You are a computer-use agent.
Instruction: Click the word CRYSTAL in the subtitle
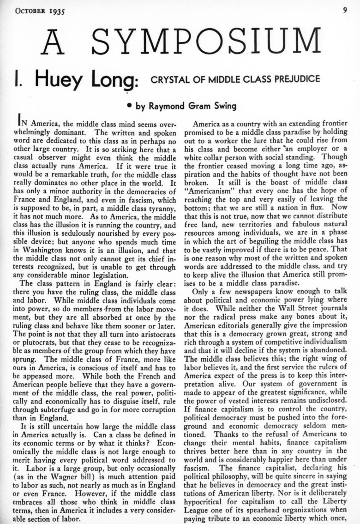(x=167, y=78)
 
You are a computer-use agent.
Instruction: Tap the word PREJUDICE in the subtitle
(x=296, y=78)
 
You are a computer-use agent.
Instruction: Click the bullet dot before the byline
(x=130, y=106)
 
